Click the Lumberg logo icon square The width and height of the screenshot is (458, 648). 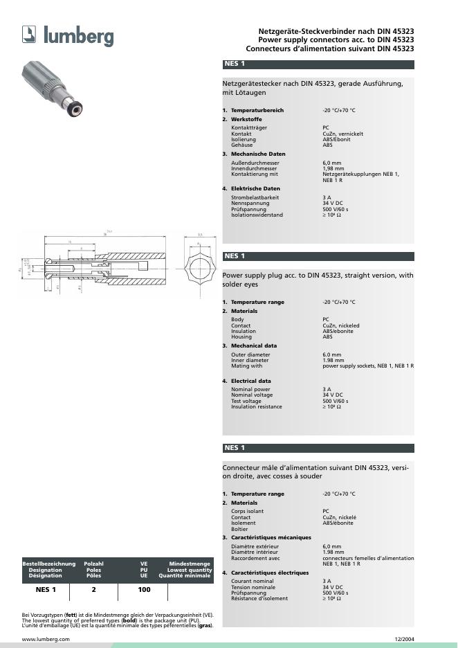[30, 34]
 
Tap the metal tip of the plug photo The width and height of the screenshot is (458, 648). [77, 107]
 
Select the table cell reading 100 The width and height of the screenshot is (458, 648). [144, 591]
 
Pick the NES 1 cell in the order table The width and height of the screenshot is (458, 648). [46, 591]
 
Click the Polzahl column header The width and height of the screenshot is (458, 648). [93, 564]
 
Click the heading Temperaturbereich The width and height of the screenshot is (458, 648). [257, 110]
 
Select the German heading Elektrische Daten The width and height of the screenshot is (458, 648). [255, 188]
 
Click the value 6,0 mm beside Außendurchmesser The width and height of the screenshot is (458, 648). [332, 163]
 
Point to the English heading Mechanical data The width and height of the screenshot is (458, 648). [253, 345]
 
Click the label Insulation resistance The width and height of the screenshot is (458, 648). [256, 406]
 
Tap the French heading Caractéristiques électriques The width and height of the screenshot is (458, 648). [269, 573]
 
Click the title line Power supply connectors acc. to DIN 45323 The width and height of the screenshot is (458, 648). [336, 40]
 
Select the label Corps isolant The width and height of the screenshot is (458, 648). [247, 511]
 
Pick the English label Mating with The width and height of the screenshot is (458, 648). [246, 366]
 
